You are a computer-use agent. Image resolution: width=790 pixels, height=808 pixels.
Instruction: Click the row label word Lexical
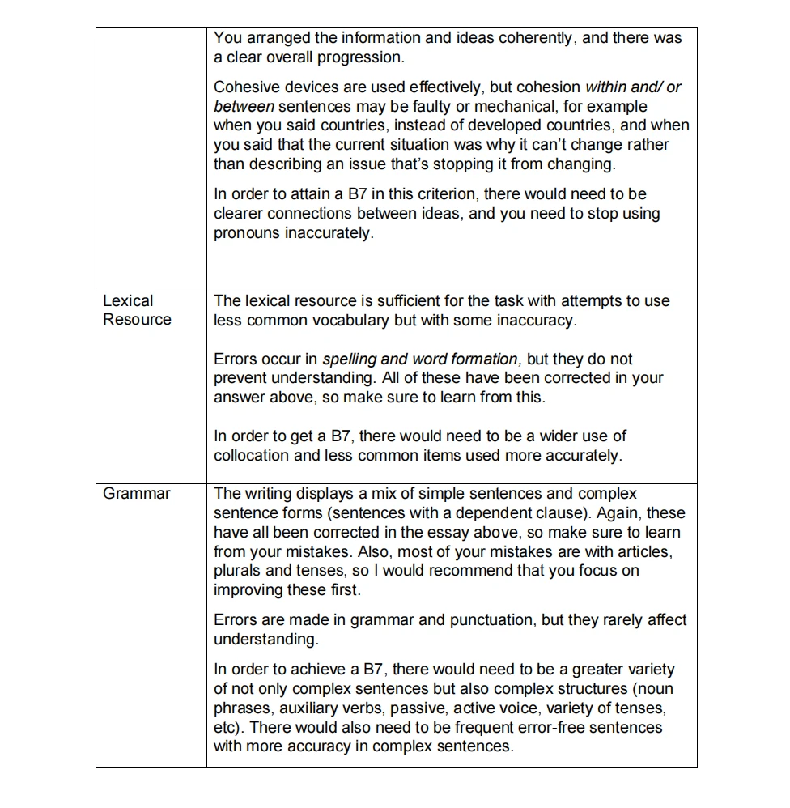128,300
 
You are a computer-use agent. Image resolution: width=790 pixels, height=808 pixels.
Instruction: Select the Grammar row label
137,494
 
